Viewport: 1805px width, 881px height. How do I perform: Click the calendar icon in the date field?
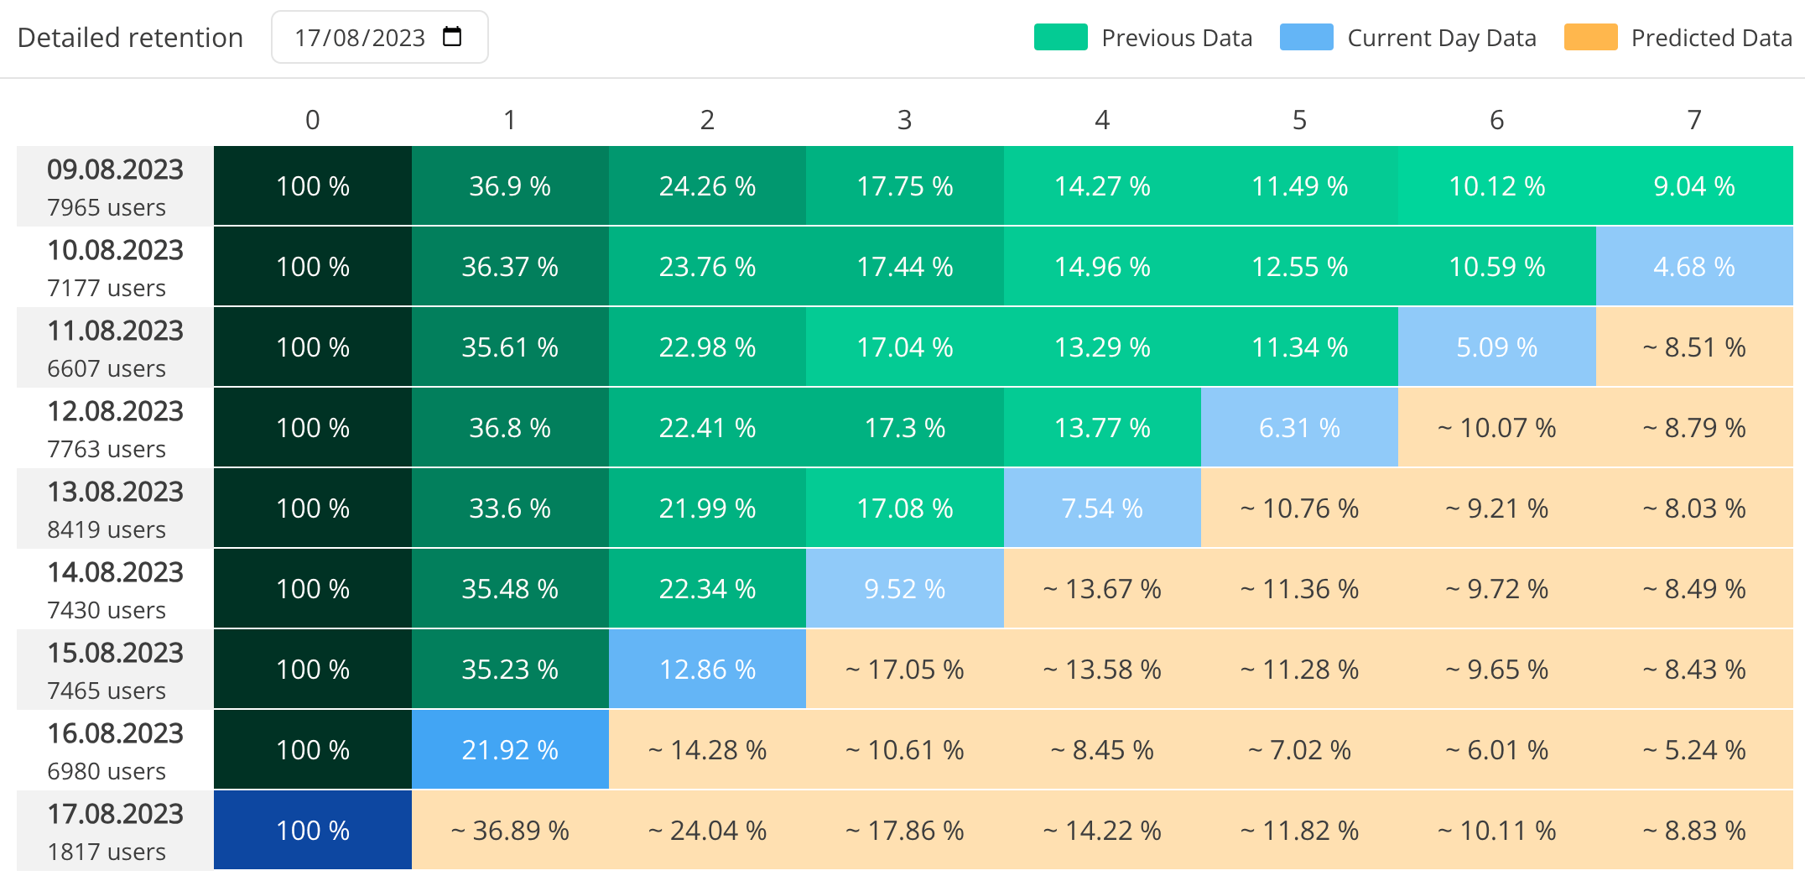(452, 37)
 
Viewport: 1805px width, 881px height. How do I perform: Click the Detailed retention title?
(130, 38)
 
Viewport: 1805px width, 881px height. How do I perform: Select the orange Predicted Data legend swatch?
(1590, 38)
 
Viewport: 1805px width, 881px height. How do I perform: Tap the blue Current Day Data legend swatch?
(1306, 38)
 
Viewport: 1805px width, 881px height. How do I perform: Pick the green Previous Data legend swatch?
(1060, 38)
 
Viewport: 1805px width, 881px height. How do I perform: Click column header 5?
(1299, 120)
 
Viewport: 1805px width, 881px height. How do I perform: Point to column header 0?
(312, 120)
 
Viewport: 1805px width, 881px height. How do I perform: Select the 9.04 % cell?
(1693, 186)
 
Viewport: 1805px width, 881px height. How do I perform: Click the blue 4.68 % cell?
(1693, 267)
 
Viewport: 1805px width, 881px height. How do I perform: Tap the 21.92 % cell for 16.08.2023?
(510, 749)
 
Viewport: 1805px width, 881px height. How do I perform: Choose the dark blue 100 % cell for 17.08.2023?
(312, 830)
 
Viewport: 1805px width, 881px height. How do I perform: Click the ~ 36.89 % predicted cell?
(510, 830)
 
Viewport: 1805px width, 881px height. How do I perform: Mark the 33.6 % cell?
(510, 508)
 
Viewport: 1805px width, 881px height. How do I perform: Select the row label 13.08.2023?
(115, 492)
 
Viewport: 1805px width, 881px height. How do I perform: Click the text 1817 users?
(107, 852)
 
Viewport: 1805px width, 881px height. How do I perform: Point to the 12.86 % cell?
(707, 669)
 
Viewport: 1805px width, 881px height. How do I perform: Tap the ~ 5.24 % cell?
(1693, 749)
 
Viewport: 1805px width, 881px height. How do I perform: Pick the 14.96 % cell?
(1102, 267)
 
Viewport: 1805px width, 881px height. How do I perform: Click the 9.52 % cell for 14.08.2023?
(904, 588)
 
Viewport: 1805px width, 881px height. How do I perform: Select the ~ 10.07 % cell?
(1496, 428)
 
